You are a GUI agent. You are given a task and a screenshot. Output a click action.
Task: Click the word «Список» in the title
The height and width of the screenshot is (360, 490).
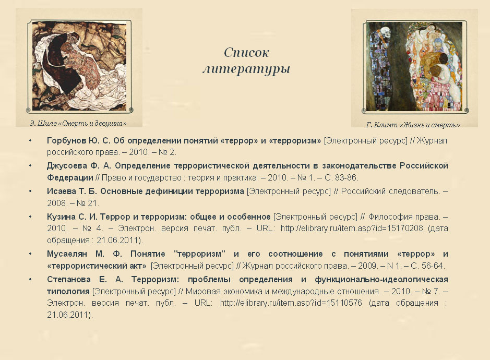click(246, 53)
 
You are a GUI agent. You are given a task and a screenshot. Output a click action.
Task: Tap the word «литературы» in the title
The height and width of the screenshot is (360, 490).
click(246, 69)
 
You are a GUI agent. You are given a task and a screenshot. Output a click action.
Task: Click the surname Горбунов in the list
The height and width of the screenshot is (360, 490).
click(66, 141)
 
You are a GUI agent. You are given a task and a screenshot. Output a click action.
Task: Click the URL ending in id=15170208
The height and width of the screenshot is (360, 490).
click(352, 229)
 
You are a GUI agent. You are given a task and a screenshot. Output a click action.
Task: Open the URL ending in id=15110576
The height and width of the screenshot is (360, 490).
click(291, 303)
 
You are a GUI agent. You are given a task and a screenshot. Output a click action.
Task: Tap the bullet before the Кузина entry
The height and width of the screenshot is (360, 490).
click(30, 217)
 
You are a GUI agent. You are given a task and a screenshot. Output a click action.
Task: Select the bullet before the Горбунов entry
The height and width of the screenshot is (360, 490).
click(30, 141)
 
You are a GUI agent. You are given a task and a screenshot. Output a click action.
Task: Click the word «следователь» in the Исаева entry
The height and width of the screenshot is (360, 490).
click(413, 191)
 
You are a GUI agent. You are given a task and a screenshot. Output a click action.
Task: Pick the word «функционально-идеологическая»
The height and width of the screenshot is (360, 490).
click(381, 279)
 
